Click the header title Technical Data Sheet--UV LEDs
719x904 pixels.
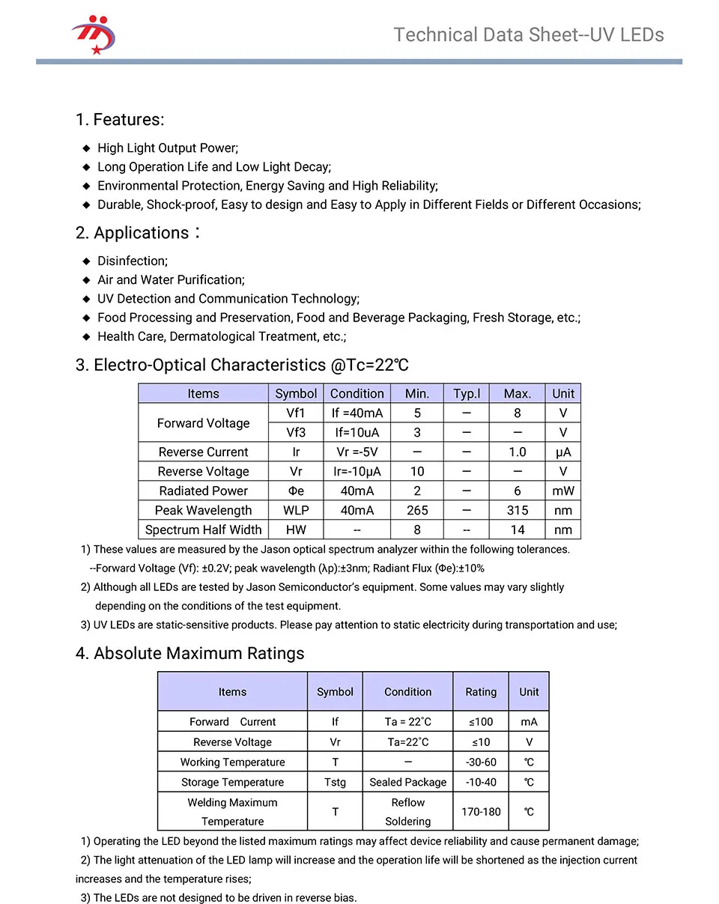[x=528, y=35]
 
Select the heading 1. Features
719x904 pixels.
[x=120, y=120]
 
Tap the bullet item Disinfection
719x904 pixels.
[x=133, y=261]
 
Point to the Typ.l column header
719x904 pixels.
[x=467, y=393]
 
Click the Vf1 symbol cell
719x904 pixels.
[x=297, y=413]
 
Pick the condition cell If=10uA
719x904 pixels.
[x=357, y=432]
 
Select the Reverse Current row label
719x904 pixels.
[x=203, y=452]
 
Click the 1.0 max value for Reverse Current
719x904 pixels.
[x=518, y=452]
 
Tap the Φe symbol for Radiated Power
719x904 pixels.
[x=297, y=491]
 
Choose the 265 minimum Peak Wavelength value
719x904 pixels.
[x=417, y=510]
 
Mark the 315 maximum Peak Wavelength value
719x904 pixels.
[x=518, y=510]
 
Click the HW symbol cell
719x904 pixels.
[x=297, y=530]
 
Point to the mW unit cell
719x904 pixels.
[x=563, y=491]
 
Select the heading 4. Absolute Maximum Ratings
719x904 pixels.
[x=190, y=653]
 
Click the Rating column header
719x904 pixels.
[x=481, y=692]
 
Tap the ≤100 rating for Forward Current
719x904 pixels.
[x=481, y=722]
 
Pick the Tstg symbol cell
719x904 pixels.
[x=335, y=782]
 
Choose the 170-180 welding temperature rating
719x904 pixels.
[x=481, y=812]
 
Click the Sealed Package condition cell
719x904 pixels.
[x=408, y=782]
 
